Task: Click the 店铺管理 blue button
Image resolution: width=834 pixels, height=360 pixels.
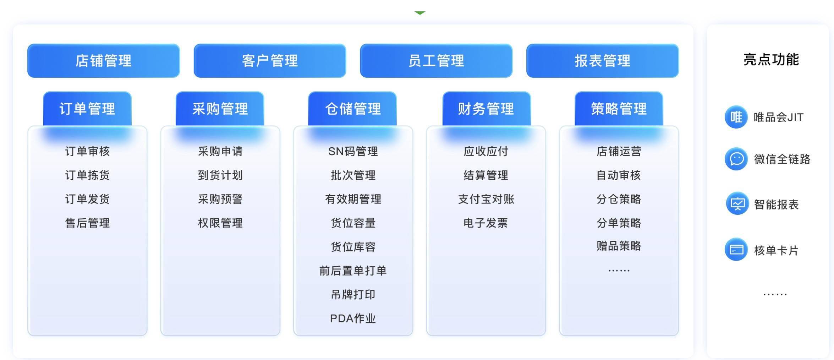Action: pyautogui.click(x=103, y=61)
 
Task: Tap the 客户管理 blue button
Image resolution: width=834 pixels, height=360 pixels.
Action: pyautogui.click(x=270, y=61)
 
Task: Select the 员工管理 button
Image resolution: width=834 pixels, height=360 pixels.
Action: pyautogui.click(x=436, y=61)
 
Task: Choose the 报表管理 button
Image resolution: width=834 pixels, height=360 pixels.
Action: pyautogui.click(x=602, y=61)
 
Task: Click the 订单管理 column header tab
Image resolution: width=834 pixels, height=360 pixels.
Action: pyautogui.click(x=87, y=109)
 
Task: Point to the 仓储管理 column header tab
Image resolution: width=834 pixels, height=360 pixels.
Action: pyautogui.click(x=353, y=109)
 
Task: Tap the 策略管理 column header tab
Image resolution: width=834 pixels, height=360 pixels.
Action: pyautogui.click(x=619, y=109)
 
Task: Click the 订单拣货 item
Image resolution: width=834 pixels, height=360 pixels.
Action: pyautogui.click(x=87, y=175)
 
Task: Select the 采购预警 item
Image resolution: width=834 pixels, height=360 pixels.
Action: pyautogui.click(x=220, y=199)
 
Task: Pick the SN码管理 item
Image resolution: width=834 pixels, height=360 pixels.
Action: pyautogui.click(x=353, y=152)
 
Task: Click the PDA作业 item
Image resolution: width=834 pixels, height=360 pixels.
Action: pyautogui.click(x=353, y=318)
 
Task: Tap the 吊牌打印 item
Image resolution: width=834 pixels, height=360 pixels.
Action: pyautogui.click(x=353, y=294)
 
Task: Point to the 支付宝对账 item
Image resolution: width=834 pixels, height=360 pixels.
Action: pyautogui.click(x=486, y=199)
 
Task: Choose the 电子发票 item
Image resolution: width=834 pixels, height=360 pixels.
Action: pyautogui.click(x=486, y=223)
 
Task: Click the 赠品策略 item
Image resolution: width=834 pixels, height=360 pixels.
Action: pyautogui.click(x=619, y=246)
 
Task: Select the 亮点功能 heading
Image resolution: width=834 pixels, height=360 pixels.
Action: pyautogui.click(x=771, y=60)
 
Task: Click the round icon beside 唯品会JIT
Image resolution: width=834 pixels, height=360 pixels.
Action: pyautogui.click(x=736, y=117)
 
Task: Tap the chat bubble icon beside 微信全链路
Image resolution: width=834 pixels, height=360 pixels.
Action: pyautogui.click(x=736, y=159)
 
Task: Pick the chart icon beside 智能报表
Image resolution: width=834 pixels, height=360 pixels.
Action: pyautogui.click(x=737, y=204)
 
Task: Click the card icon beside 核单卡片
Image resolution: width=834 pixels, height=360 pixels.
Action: pyautogui.click(x=736, y=250)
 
